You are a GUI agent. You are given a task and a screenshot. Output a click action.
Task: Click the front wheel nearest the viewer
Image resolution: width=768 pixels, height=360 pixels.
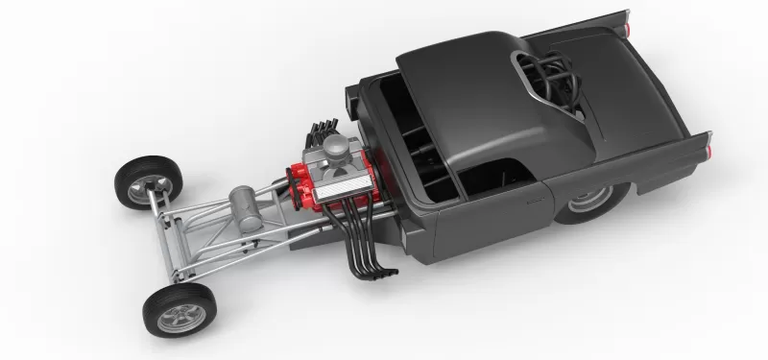coord(175,309)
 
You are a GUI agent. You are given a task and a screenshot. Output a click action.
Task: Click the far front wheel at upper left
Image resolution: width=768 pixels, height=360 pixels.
coord(147,180)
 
